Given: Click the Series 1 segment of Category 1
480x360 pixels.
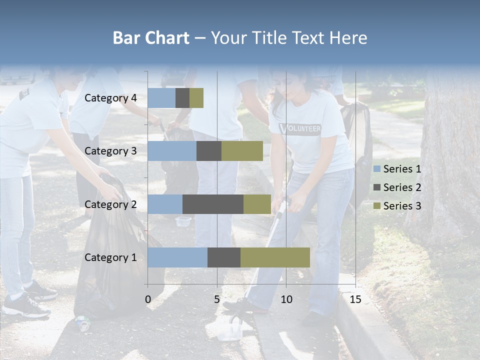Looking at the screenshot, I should coord(177,257).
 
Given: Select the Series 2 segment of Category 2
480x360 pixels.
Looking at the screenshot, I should coord(213,204).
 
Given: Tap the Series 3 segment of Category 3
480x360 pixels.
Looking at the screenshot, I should coord(242,151).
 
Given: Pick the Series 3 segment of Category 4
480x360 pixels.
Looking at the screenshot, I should coord(196,98).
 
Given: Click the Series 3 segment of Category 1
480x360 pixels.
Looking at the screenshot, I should coord(275,257).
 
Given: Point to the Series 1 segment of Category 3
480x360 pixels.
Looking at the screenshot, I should coord(172,151).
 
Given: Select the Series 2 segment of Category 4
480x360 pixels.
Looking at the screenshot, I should coord(182,98).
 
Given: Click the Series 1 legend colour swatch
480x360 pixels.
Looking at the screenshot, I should coord(377,169).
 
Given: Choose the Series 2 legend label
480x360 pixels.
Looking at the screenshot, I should coord(402,187).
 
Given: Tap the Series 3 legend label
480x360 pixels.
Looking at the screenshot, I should coord(402,206).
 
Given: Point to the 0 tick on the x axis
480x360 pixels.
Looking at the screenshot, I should coord(148,299).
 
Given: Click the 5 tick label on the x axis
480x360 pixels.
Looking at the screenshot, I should coord(217,299).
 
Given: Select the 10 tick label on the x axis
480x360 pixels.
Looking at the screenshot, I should coord(286,299).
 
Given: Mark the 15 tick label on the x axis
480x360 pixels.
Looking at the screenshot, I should coord(355,299).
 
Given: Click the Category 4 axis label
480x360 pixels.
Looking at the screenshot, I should coord(110,98).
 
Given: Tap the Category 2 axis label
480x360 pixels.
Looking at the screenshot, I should coord(110,204).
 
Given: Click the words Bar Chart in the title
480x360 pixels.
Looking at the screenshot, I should coord(151,38).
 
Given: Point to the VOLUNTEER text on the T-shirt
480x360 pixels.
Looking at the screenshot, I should coord(302,128).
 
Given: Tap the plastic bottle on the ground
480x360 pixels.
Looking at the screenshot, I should coord(83,323).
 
